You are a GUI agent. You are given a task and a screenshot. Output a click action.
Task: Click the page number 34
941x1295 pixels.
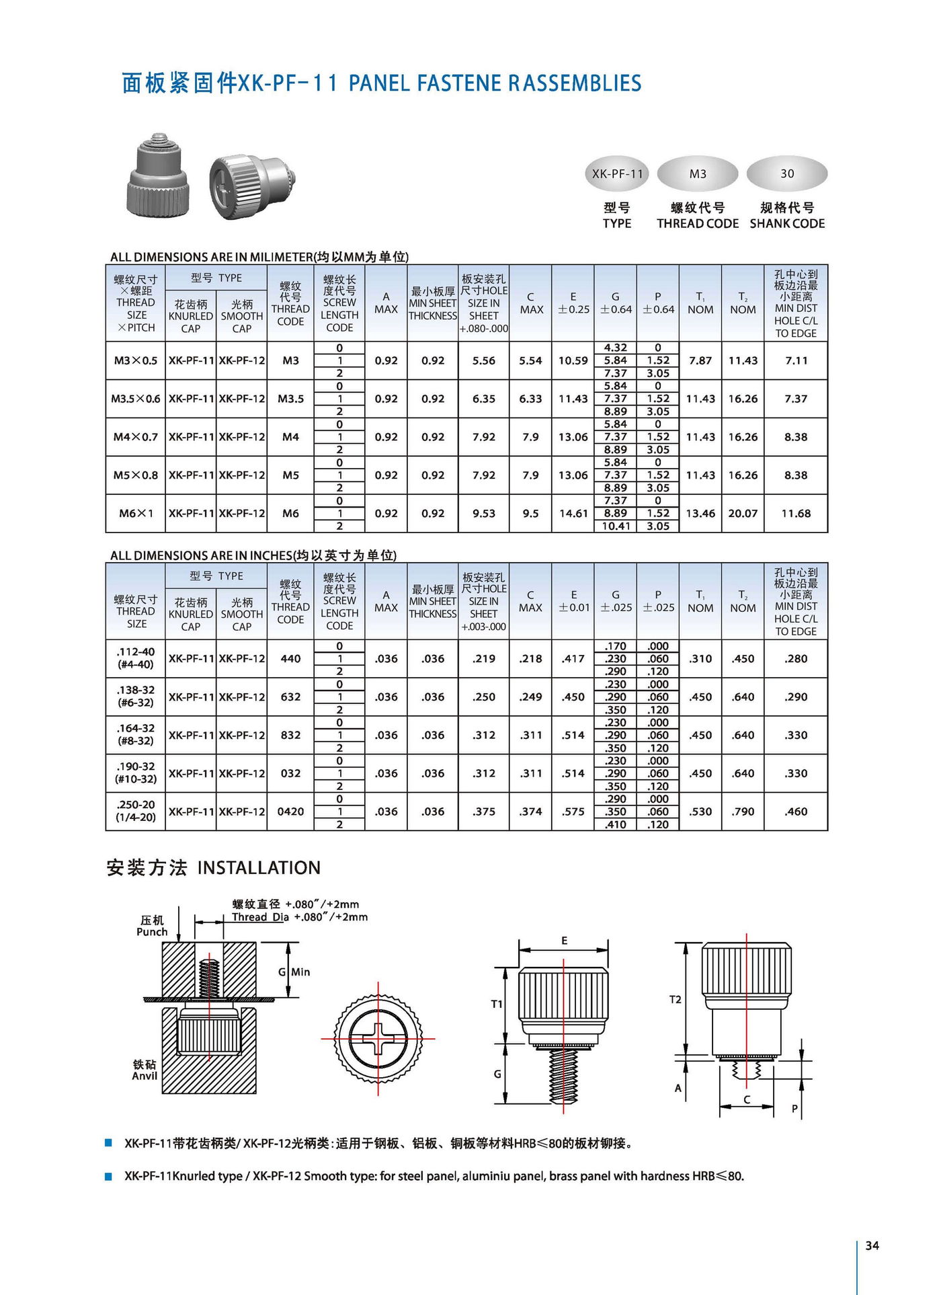(x=872, y=1245)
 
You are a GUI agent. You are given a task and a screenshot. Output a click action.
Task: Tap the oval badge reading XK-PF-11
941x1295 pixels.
(x=617, y=174)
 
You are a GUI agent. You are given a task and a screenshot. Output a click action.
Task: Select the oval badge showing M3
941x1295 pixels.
(x=698, y=174)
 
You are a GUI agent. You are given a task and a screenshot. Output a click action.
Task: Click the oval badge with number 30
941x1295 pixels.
(x=786, y=174)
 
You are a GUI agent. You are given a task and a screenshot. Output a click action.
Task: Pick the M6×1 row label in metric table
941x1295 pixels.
(x=136, y=513)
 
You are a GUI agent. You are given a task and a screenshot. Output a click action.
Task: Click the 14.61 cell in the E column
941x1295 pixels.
(x=573, y=513)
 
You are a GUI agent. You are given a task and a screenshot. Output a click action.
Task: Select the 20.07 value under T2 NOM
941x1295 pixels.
(x=743, y=513)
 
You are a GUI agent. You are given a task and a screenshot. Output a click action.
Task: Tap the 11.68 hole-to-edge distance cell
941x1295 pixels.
(x=796, y=513)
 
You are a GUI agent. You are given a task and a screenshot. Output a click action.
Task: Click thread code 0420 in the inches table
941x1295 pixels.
(x=290, y=812)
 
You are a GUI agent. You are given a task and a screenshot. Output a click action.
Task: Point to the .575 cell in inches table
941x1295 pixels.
(x=573, y=812)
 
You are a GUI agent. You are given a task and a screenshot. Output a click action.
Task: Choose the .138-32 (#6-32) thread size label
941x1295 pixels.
(x=136, y=697)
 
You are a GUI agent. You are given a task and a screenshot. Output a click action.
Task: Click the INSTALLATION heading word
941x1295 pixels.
(x=259, y=867)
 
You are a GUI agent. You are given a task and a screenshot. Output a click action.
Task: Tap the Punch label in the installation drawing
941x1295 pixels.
(x=152, y=932)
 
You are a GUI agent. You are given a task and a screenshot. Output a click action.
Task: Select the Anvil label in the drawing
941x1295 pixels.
(x=145, y=1076)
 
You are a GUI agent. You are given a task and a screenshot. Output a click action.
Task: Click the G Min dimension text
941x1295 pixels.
(x=294, y=972)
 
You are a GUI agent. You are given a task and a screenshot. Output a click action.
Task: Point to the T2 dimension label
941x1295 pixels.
(x=675, y=999)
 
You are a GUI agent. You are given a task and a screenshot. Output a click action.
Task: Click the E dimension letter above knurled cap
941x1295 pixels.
(x=564, y=941)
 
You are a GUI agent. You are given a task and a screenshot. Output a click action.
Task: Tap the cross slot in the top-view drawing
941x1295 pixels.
(x=378, y=1039)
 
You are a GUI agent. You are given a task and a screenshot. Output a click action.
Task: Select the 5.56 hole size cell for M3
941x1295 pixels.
(x=483, y=360)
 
